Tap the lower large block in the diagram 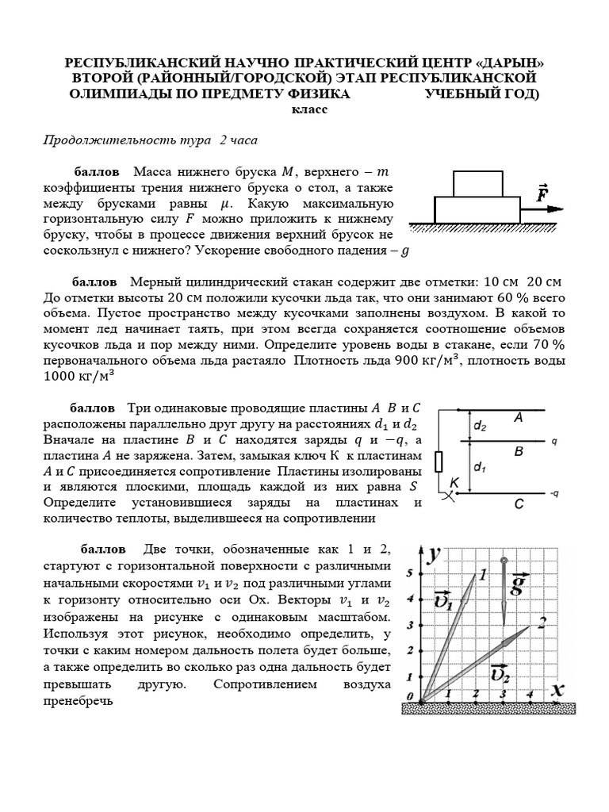[478, 209]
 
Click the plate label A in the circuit [518, 416]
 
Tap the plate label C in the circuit [518, 503]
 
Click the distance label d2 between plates [481, 426]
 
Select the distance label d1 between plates [481, 468]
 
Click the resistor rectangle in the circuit [439, 463]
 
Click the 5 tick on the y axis [409, 573]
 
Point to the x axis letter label [558, 690]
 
